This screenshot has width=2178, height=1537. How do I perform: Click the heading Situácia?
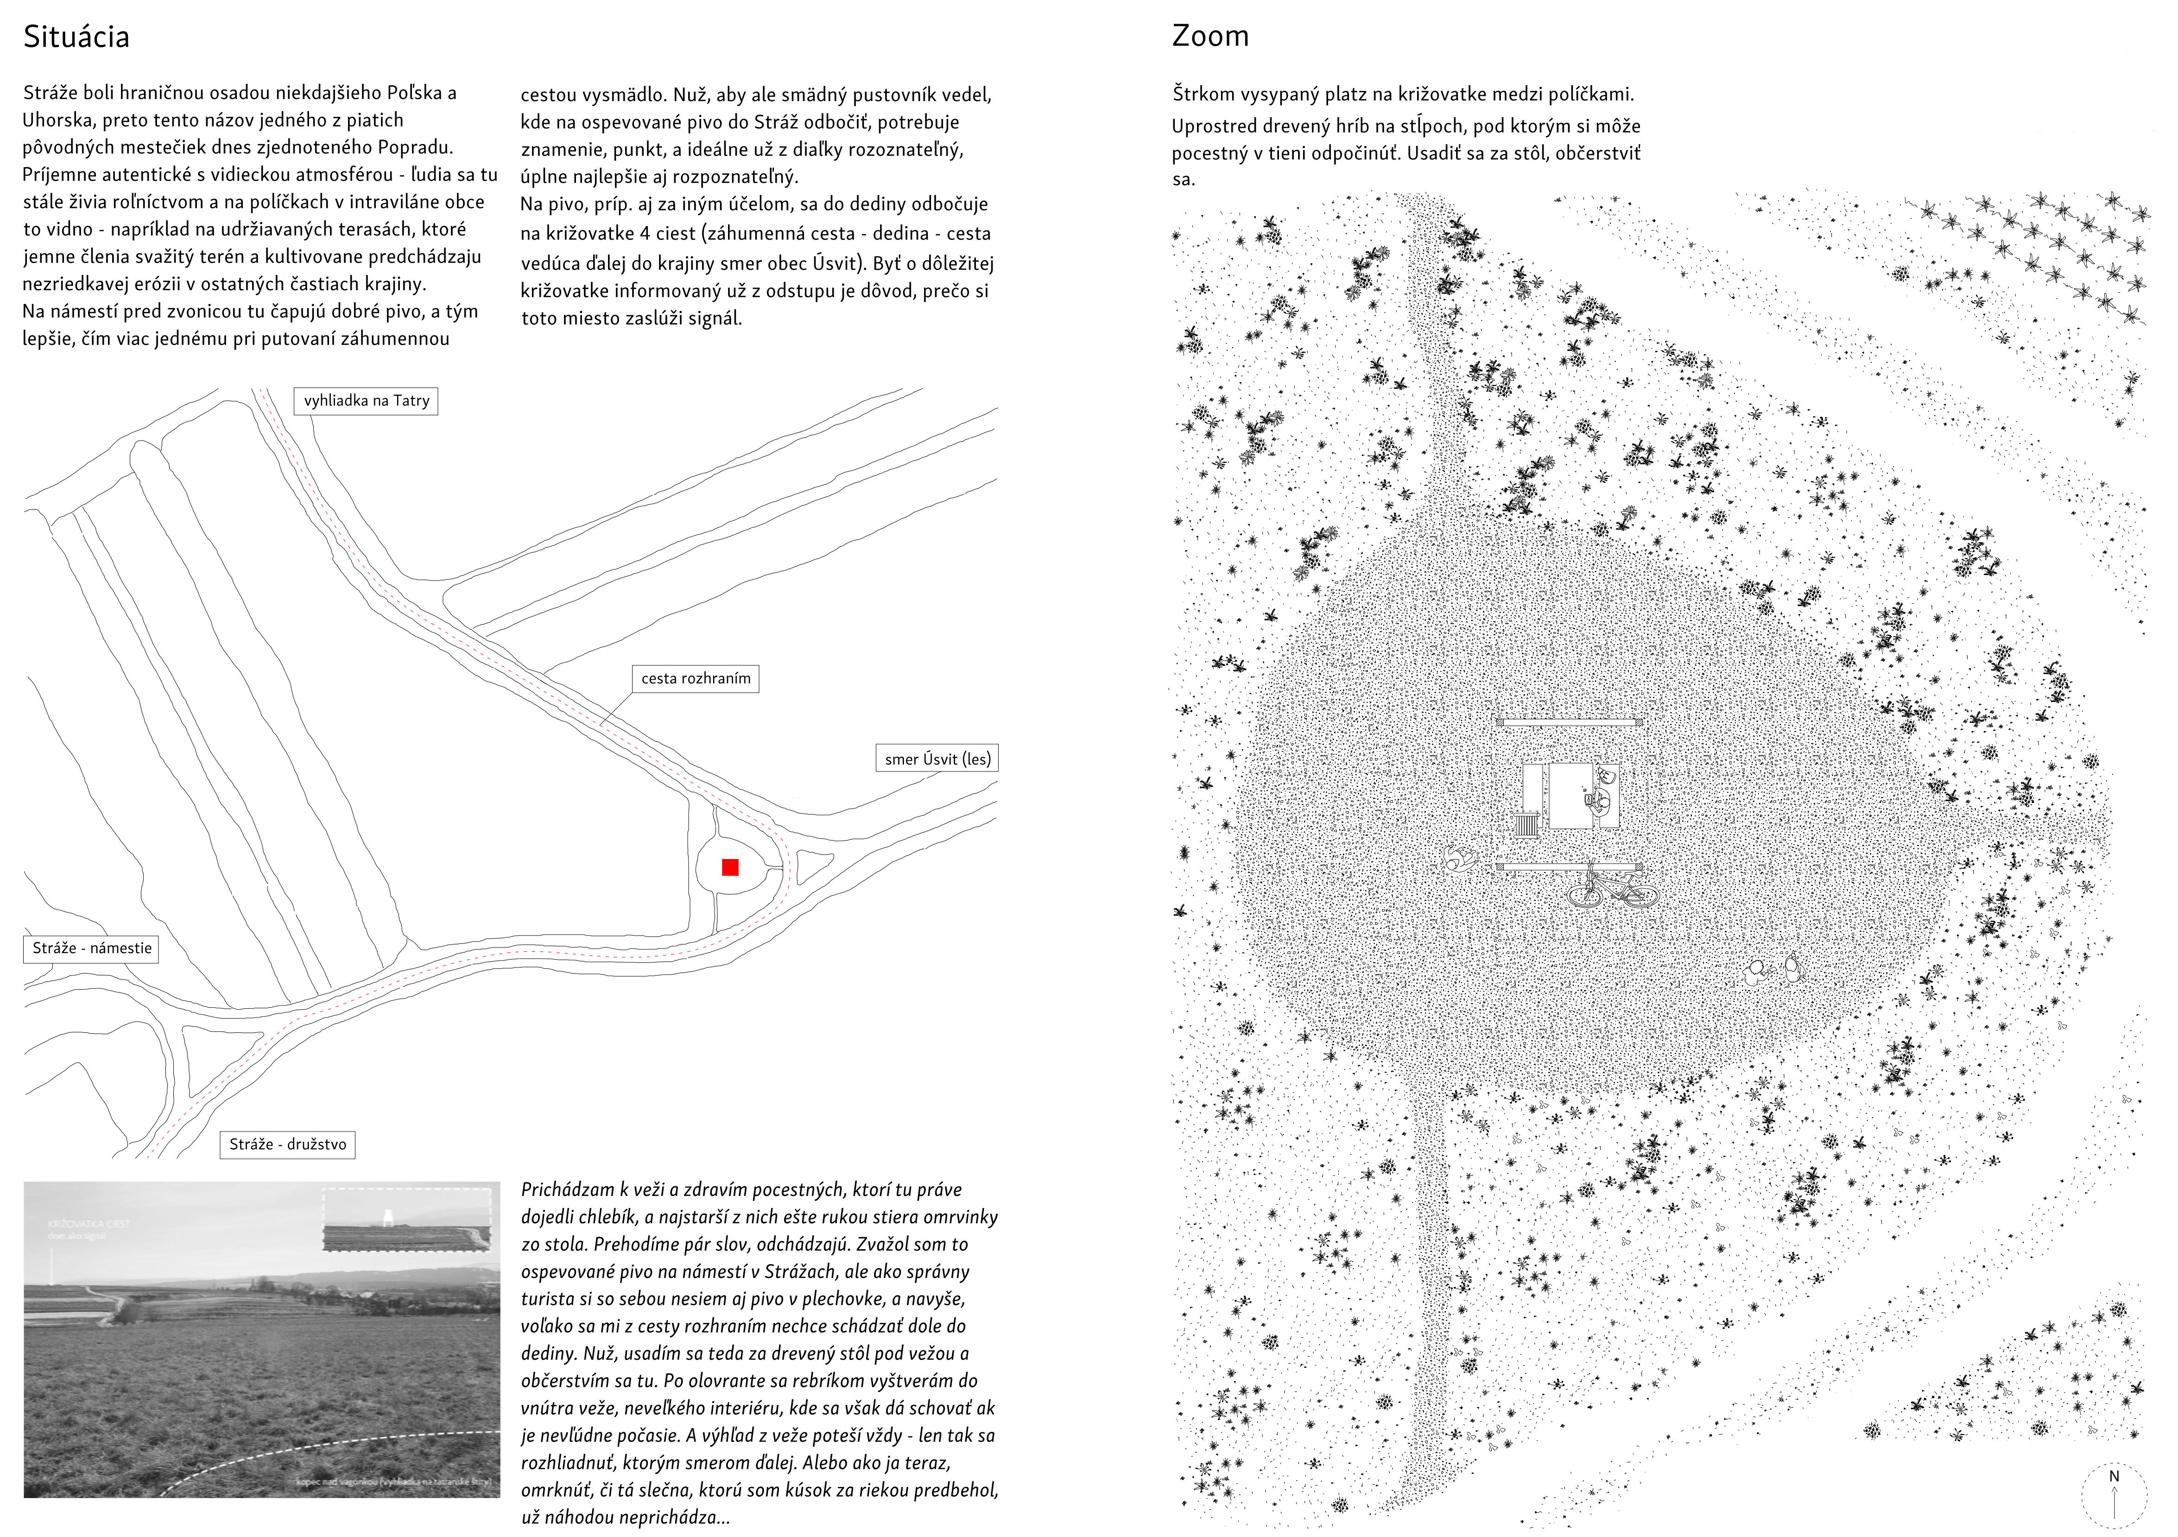click(x=76, y=37)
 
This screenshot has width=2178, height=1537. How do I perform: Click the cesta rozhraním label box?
click(x=695, y=678)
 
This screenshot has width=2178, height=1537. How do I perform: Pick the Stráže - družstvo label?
click(x=287, y=1144)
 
